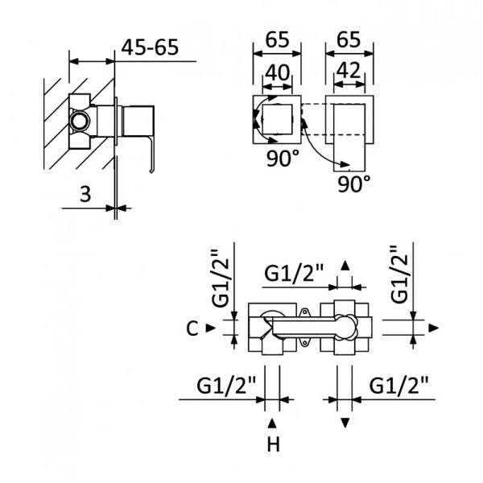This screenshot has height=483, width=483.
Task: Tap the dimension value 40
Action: pos(277,72)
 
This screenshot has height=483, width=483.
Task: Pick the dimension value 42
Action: pos(349,72)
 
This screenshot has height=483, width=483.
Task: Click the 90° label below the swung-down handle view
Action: pos(354,184)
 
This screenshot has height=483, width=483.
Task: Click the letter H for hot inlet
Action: pos(273,444)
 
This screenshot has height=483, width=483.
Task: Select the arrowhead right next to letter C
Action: pos(210,328)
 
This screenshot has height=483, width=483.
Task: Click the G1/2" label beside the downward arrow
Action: pos(399,386)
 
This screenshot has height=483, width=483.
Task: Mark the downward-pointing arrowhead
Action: pos(345,423)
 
